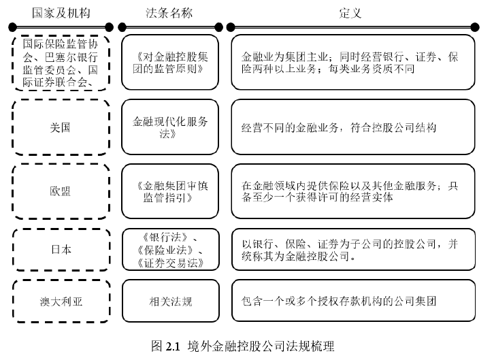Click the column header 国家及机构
pyautogui.click(x=61, y=13)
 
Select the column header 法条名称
pyautogui.click(x=169, y=13)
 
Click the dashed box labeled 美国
pyautogui.click(x=61, y=127)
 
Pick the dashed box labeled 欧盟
pyautogui.click(x=61, y=191)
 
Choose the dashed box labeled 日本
pyautogui.click(x=61, y=249)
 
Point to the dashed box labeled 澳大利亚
pyautogui.click(x=61, y=300)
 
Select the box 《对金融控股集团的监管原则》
pyautogui.click(x=169, y=63)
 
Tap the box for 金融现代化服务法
pyautogui.click(x=169, y=127)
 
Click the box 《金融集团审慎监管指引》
pyautogui.click(x=169, y=191)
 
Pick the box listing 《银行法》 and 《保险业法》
pyautogui.click(x=169, y=249)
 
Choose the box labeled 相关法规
pyautogui.click(x=169, y=300)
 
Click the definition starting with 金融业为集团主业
pyautogui.click(x=352, y=63)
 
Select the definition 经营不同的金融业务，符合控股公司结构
pyautogui.click(x=352, y=127)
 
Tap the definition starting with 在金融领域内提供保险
pyautogui.click(x=352, y=191)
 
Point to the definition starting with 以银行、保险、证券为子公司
pyautogui.click(x=352, y=249)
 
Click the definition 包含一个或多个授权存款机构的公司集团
pyautogui.click(x=352, y=300)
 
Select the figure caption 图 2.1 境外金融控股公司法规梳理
pyautogui.click(x=243, y=346)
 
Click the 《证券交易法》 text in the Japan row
pyautogui.click(x=169, y=262)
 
